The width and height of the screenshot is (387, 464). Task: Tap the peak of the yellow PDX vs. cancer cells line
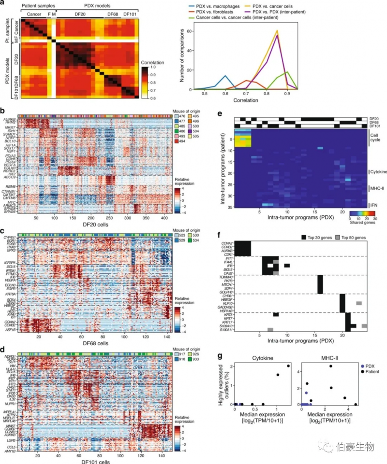[x=277, y=30]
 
